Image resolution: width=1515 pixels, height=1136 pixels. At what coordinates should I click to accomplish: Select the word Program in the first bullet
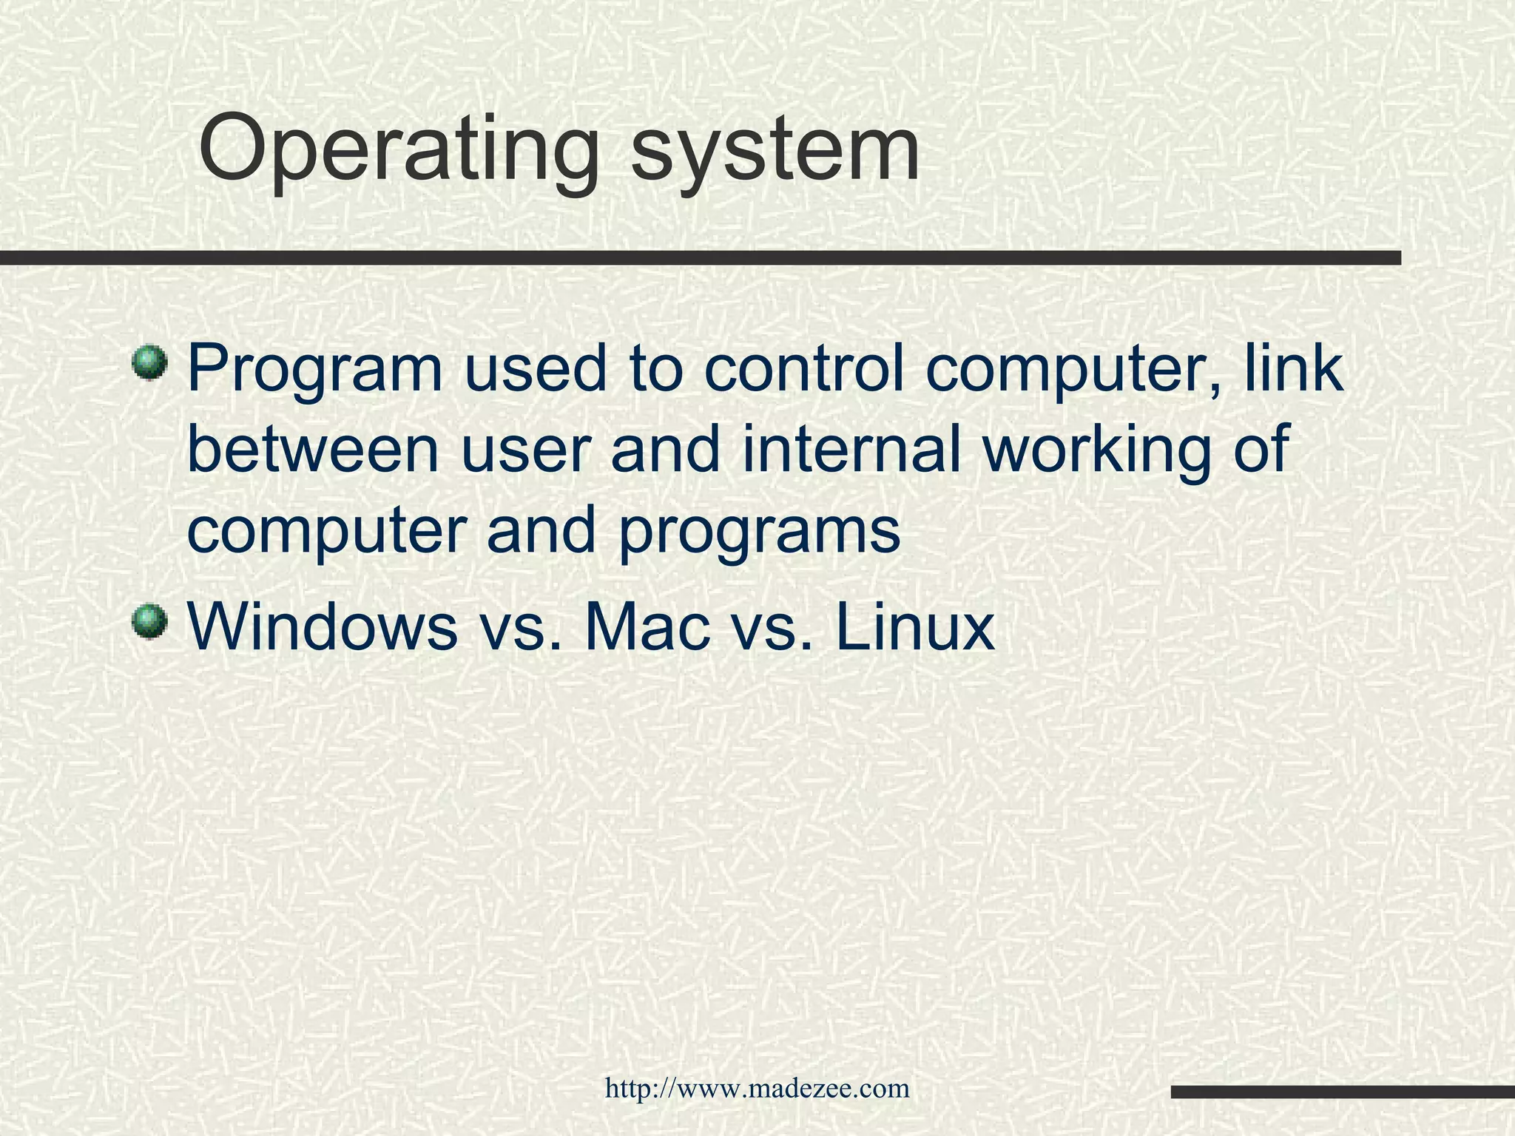pyautogui.click(x=314, y=371)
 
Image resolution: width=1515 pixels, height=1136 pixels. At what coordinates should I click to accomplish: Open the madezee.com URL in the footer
pyautogui.click(x=757, y=1088)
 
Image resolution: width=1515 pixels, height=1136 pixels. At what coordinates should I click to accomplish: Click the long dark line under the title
pyautogui.click(x=700, y=257)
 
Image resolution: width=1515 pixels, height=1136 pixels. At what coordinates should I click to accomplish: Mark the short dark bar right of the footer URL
pyautogui.click(x=1343, y=1092)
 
